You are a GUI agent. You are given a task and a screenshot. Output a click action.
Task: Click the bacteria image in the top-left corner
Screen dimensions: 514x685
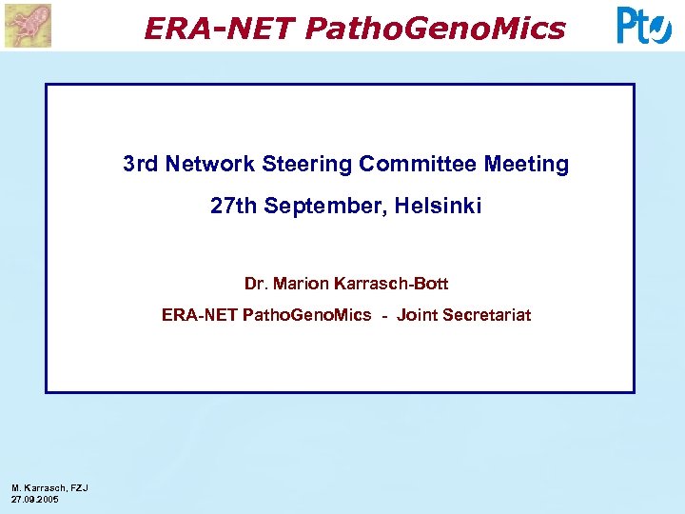[x=28, y=25]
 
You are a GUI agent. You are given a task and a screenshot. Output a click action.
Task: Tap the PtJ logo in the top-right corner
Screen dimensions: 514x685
[x=644, y=26]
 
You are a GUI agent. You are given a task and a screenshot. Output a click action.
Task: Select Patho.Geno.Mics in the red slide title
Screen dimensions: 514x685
[x=435, y=30]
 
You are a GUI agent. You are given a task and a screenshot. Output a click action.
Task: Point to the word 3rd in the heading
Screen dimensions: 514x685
[x=141, y=165]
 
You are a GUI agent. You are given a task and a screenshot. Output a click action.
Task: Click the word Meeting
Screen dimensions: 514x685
[x=526, y=165]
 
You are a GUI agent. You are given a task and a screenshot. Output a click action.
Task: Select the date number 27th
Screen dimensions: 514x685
[x=233, y=206]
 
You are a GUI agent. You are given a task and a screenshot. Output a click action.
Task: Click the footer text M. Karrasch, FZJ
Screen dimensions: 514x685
[x=49, y=488]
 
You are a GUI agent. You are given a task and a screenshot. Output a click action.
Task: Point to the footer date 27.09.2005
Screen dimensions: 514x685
[x=35, y=499]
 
